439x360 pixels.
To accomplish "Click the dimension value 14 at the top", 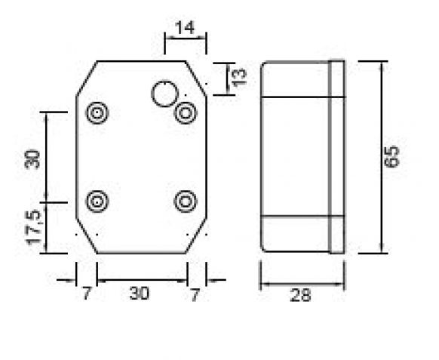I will (x=185, y=28).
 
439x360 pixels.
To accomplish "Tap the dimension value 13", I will (x=239, y=77).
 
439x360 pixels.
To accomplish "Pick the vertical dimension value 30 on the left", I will (x=32, y=158).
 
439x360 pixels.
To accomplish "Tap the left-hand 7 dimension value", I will (x=86, y=294).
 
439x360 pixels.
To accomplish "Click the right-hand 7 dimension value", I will (x=195, y=294).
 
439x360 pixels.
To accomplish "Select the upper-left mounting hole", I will (x=98, y=114).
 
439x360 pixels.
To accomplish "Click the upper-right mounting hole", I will (x=186, y=114).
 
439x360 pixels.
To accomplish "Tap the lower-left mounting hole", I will (x=98, y=202).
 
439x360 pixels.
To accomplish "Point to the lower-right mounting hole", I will (x=186, y=202).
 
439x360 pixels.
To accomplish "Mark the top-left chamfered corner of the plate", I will (x=87, y=78).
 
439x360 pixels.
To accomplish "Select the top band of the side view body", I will (x=295, y=79).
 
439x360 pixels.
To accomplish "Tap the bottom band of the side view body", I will (x=295, y=233).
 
